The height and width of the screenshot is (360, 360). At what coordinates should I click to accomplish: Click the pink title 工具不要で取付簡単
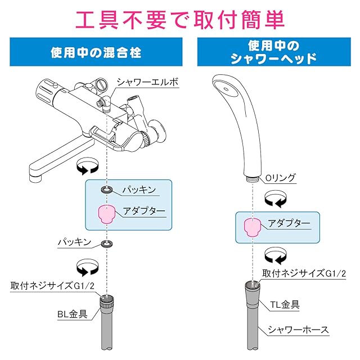pos(180,19)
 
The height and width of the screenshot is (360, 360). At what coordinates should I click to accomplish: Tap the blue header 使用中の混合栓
pos(96,52)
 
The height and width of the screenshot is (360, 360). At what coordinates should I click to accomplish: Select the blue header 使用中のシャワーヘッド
pos(274,52)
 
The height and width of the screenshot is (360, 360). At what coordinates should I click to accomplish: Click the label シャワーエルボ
pos(147,82)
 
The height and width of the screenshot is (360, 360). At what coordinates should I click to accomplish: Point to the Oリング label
pos(280,178)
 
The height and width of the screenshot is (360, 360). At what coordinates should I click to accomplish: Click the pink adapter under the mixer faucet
pos(106,214)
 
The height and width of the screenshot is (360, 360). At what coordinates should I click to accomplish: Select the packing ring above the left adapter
pos(107,190)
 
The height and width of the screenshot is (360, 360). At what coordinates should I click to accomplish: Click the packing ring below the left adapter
pos(107,244)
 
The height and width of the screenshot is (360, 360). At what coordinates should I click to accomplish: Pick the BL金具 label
pos(73,314)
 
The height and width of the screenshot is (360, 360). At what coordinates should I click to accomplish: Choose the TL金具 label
pos(285,305)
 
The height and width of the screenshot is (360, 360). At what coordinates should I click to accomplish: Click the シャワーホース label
pos(299,330)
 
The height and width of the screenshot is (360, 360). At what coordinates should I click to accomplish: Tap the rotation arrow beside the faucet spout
pos(87,166)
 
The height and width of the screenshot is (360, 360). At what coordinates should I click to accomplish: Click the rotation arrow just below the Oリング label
pos(276,199)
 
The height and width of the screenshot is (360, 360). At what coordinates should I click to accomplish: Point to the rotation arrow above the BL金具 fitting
pos(87,267)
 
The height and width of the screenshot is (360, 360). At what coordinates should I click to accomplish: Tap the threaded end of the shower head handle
pos(253,179)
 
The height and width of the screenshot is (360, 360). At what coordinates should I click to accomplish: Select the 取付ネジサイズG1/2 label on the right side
pos(304,273)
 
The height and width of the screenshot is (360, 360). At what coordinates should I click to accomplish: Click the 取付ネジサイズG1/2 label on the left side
pos(52,286)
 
